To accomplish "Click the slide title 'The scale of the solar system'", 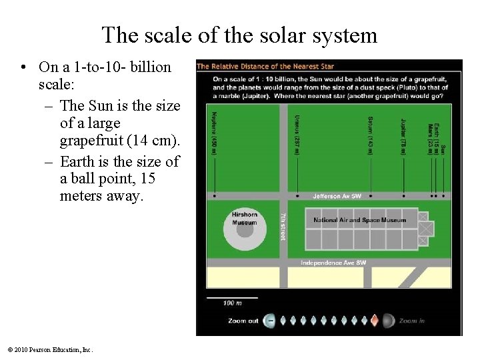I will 239,35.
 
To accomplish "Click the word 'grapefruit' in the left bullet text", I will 90,141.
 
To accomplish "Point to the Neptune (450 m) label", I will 214,133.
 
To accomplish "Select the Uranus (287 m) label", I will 297,134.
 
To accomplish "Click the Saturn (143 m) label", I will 371,135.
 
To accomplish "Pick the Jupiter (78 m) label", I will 403,137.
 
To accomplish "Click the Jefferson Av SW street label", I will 337,197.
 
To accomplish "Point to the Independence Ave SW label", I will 333,263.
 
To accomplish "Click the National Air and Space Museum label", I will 359,220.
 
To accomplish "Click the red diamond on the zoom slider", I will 375,321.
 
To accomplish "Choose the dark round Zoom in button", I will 389,321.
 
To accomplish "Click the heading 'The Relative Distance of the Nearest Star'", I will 265,66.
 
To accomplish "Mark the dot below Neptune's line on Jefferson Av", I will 214,196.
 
